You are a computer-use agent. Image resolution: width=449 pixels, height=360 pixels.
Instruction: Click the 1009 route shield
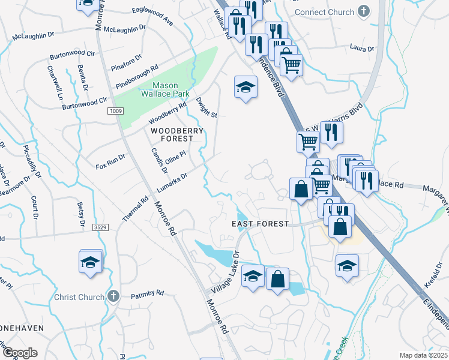(116, 111)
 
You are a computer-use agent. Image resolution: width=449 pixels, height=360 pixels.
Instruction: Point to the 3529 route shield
(100, 228)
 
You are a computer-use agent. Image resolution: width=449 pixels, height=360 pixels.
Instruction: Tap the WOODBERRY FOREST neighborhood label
(172, 134)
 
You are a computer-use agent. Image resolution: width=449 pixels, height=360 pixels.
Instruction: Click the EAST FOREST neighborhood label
(261, 224)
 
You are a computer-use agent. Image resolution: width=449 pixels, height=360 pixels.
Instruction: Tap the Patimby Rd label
(147, 293)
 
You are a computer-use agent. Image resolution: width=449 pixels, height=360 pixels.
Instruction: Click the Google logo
(20, 352)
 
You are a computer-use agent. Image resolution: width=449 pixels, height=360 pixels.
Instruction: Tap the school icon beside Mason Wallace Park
(244, 87)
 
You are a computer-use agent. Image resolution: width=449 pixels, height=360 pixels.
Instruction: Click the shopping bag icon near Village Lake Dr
(277, 278)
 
